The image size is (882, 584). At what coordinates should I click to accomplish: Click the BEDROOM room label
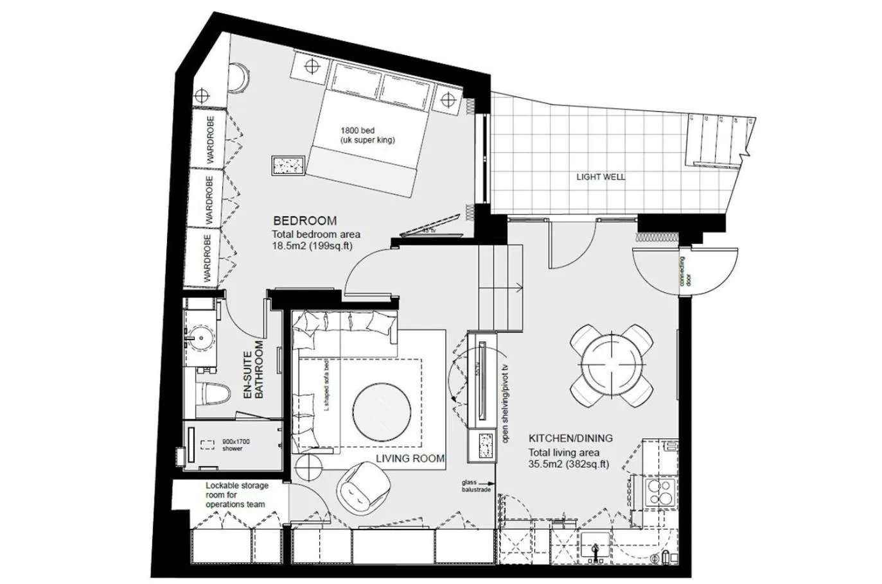pyautogui.click(x=304, y=221)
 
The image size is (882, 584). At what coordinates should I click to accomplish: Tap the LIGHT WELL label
pyautogui.click(x=600, y=176)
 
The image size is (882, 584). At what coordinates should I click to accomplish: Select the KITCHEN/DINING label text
pyautogui.click(x=570, y=438)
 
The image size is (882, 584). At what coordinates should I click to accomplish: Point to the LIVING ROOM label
pyautogui.click(x=410, y=458)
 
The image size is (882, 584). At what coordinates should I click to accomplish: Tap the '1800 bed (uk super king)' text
pyautogui.click(x=367, y=135)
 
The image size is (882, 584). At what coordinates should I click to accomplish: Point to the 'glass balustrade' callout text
pyautogui.click(x=475, y=486)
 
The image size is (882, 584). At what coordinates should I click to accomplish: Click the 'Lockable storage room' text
pyautogui.click(x=236, y=495)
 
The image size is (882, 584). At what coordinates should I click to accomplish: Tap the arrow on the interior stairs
pyautogui.click(x=516, y=287)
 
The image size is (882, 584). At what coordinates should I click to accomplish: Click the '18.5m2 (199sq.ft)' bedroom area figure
pyautogui.click(x=312, y=245)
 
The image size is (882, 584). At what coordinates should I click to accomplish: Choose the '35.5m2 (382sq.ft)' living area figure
pyautogui.click(x=569, y=464)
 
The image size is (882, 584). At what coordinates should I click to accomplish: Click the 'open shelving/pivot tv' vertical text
pyautogui.click(x=506, y=404)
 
